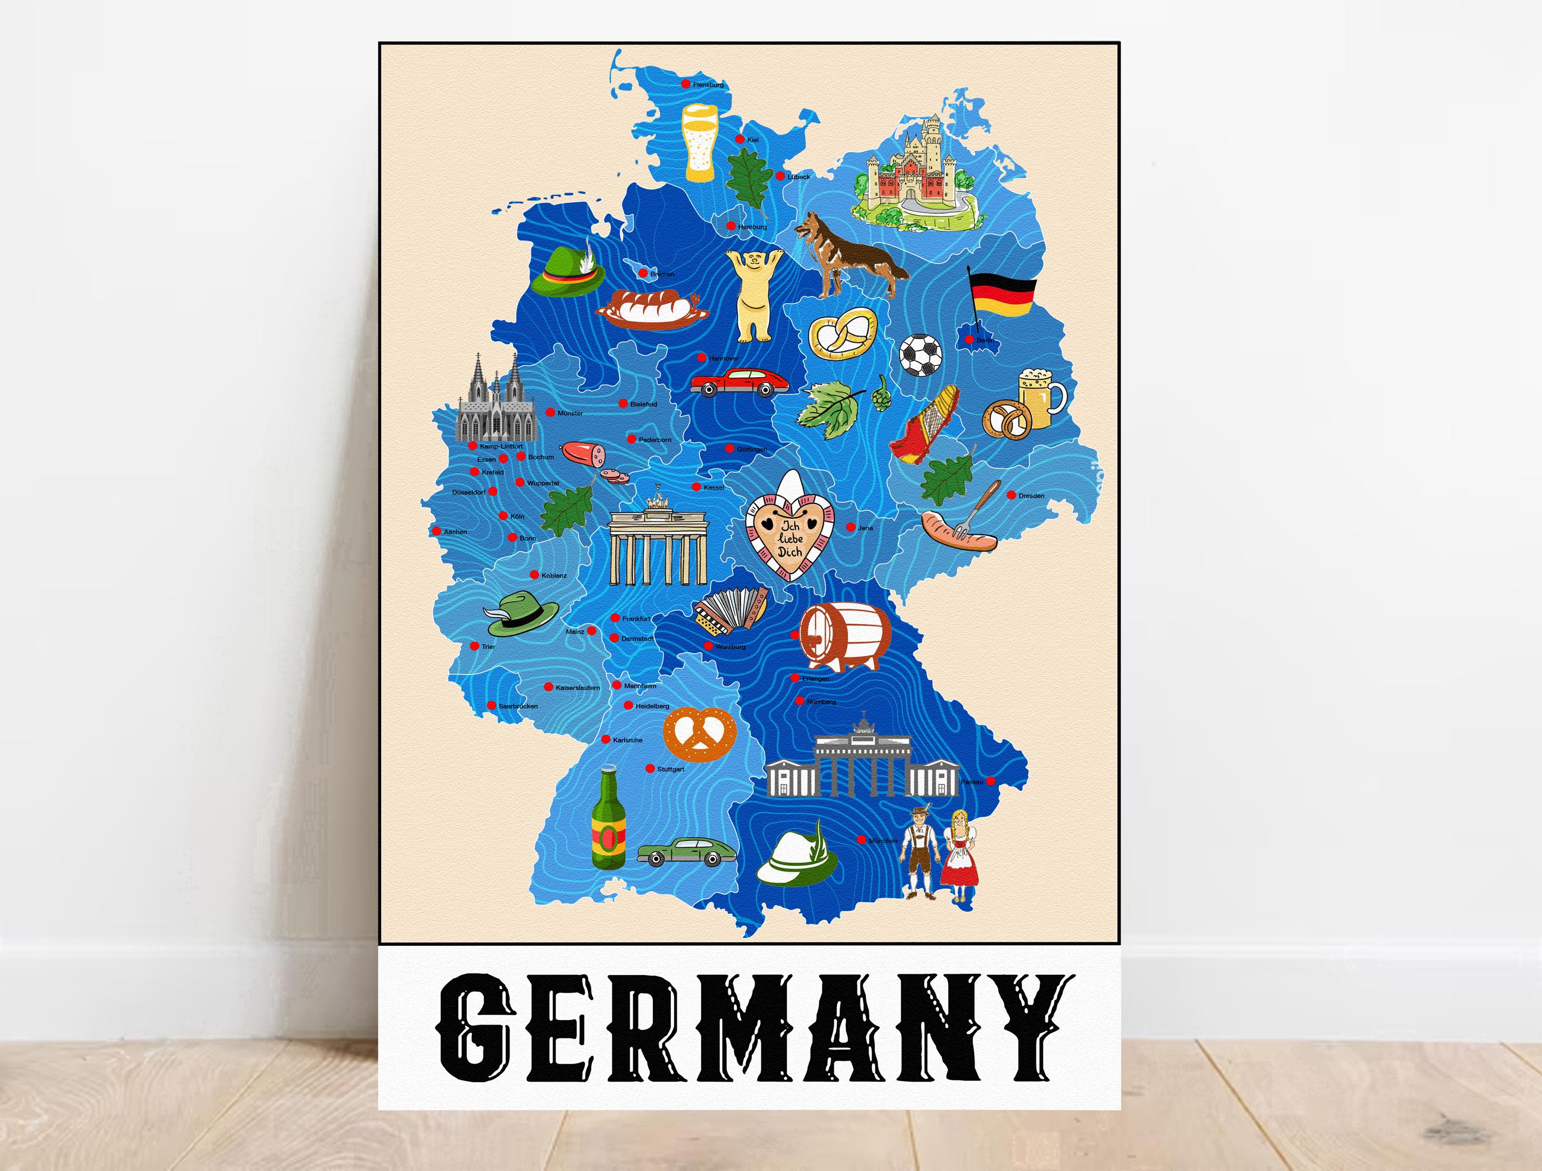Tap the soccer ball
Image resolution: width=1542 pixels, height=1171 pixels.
click(x=920, y=355)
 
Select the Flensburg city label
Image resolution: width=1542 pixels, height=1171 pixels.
click(x=708, y=85)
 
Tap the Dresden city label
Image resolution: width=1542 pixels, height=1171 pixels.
click(x=1031, y=496)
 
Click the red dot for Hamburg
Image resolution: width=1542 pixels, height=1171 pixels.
click(x=730, y=226)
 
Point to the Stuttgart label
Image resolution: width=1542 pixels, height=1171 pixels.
click(x=671, y=770)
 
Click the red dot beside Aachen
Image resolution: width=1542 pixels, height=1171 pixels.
click(x=437, y=531)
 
